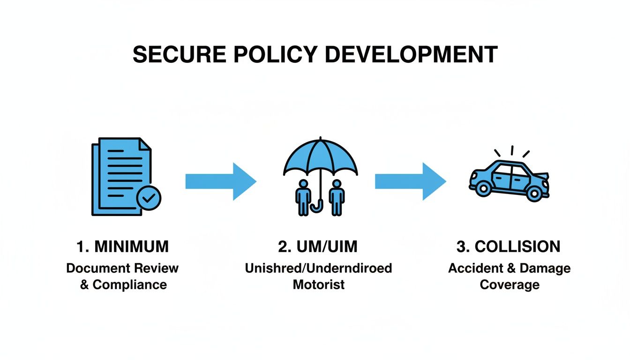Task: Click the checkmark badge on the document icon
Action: tap(148, 199)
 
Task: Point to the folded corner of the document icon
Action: tap(144, 144)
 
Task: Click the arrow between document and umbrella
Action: tap(220, 181)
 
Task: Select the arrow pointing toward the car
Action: tap(410, 181)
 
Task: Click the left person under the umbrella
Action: tap(303, 197)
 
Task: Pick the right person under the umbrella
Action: tap(336, 197)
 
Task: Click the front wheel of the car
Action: tap(534, 192)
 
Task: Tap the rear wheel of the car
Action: tap(482, 189)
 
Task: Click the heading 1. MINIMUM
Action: tap(122, 247)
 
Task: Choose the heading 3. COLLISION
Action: tap(508, 247)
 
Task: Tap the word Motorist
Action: tap(319, 285)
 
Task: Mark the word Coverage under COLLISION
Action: tap(510, 285)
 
